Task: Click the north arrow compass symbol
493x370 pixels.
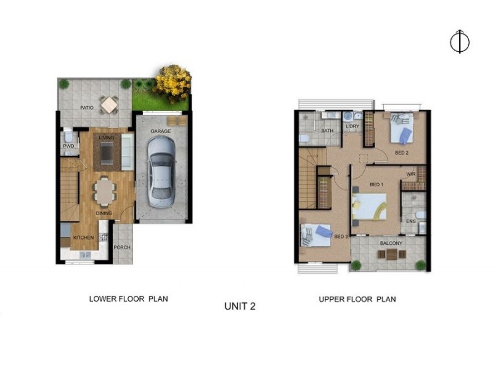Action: tap(460, 41)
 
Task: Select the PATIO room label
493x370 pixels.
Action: tap(87, 107)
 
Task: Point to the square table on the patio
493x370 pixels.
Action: tap(109, 105)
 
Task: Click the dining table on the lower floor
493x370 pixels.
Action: tap(105, 190)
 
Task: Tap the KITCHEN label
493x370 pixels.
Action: tap(83, 237)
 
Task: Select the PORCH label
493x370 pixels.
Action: tap(122, 249)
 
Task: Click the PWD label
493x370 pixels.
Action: tap(68, 146)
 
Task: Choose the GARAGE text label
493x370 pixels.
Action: tap(161, 131)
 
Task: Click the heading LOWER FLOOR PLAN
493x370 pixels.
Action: tap(128, 298)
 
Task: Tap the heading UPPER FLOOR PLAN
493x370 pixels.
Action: tap(357, 299)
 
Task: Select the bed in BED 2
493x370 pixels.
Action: tap(401, 128)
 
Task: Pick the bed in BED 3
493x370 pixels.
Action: tap(316, 235)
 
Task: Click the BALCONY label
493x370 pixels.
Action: tap(391, 243)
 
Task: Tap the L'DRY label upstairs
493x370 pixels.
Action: tap(352, 126)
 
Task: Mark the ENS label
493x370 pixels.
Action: tap(410, 220)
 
